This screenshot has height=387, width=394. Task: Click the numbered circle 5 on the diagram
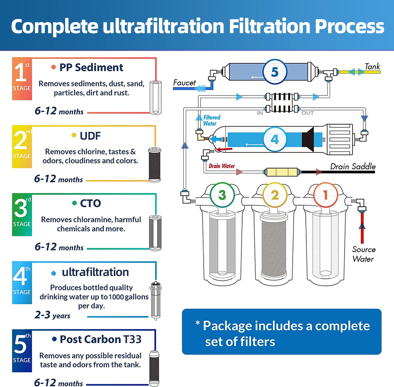(275, 72)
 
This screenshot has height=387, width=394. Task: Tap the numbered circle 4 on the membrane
(275, 139)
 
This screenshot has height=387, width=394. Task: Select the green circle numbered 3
(222, 195)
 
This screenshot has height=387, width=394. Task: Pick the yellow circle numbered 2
(275, 195)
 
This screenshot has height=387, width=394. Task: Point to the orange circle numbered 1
(325, 195)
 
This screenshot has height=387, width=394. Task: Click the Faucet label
(184, 83)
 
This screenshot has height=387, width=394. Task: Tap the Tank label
(372, 67)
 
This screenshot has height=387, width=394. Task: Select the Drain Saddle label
(353, 167)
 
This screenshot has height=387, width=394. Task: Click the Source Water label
(364, 254)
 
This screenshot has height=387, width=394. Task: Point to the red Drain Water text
(222, 166)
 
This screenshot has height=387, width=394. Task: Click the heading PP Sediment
(91, 67)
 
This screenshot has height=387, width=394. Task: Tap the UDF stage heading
(90, 136)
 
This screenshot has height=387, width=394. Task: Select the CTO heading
(90, 203)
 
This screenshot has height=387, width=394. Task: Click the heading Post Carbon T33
(101, 339)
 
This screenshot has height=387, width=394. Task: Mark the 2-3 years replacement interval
(53, 315)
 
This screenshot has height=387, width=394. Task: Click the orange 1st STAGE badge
(22, 79)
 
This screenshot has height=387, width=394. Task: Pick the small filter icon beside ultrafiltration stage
(156, 301)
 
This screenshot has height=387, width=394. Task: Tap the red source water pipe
(362, 227)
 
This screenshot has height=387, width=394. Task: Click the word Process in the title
(350, 26)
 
